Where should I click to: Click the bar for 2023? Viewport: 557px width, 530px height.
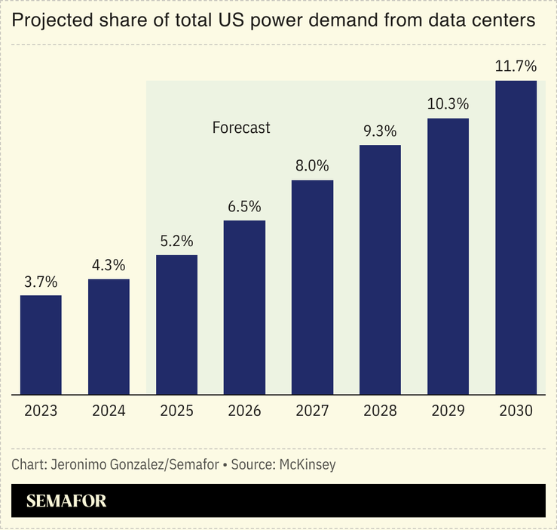point(41,344)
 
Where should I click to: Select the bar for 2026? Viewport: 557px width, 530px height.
point(244,307)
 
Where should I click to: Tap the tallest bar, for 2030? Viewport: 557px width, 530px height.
point(516,237)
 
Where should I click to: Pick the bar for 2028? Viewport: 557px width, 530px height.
point(380,270)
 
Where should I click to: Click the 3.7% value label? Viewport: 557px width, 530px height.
point(41,282)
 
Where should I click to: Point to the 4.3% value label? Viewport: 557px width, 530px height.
point(109,266)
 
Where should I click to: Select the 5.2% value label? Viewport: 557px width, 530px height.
point(176,242)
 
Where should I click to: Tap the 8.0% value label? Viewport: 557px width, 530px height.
point(312,167)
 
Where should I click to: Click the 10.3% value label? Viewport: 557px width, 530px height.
point(448,104)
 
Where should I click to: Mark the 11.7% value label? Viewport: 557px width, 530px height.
point(516,66)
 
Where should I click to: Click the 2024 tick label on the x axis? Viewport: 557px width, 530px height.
point(109,411)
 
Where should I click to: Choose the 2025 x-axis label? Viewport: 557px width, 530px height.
point(176,411)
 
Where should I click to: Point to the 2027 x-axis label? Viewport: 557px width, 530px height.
point(312,411)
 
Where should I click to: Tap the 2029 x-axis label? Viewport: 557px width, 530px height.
point(448,411)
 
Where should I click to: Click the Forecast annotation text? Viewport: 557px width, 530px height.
point(241,128)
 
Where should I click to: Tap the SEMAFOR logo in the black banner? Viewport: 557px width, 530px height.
point(66,501)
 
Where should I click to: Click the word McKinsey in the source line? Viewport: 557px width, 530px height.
point(307,464)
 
